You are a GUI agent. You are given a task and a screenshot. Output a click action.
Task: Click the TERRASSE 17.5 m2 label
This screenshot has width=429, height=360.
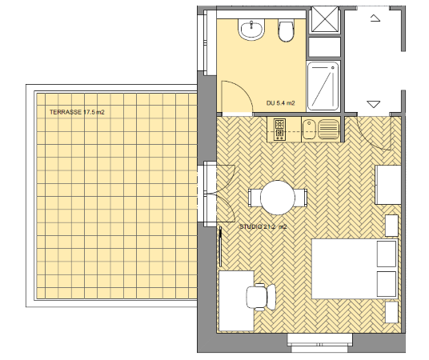[77, 112]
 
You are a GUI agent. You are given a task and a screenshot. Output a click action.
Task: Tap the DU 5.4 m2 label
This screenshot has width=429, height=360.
[280, 103]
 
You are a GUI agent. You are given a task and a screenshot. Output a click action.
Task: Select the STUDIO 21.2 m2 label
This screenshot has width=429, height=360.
[263, 226]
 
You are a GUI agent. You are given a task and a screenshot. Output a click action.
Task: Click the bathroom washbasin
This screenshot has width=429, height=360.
[251, 30]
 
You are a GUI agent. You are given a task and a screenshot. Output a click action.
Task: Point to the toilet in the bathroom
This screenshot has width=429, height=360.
[286, 30]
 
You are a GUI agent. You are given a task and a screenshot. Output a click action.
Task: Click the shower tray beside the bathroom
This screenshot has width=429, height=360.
[323, 86]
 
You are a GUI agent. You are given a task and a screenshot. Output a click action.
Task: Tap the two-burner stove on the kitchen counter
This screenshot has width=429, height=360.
[279, 129]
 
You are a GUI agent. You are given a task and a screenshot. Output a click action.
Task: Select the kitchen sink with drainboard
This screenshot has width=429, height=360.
[321, 129]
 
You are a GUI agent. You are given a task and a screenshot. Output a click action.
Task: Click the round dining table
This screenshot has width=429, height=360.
[278, 198]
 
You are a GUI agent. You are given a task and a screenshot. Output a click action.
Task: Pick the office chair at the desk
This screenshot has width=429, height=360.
[261, 297]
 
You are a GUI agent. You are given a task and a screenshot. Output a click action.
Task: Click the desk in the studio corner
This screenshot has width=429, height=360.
[236, 301]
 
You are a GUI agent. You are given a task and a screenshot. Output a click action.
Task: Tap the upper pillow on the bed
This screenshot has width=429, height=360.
[387, 254]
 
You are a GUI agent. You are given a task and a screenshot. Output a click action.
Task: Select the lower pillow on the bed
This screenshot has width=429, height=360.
[387, 284]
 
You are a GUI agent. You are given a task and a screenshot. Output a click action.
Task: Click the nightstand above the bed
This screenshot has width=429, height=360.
[391, 226]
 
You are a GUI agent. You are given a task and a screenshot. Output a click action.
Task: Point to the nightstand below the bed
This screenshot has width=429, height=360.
[391, 312]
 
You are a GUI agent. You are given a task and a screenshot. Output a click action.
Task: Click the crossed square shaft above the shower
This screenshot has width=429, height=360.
[324, 19]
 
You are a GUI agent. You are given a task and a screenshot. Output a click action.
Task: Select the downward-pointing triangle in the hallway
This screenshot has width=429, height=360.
[374, 104]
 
